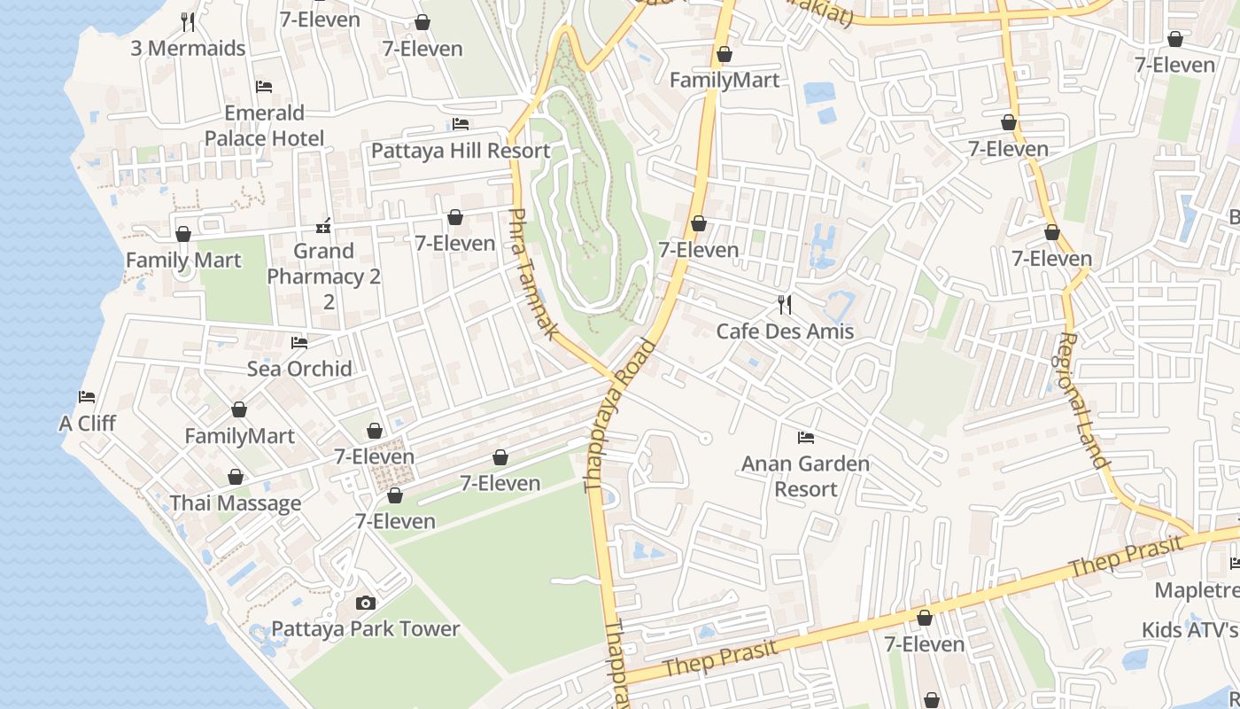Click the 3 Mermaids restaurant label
pos(188,48)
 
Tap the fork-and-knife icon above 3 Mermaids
pos(188,21)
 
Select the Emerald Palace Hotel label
pos(264,126)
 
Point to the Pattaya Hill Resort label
pos(461,151)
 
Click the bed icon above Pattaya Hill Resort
pos(461,124)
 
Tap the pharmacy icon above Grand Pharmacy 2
pos(324,226)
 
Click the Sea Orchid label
pos(299,369)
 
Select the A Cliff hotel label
pos(87,423)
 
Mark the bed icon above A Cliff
pos(87,397)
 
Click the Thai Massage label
pos(236,503)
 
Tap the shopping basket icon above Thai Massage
pos(236,478)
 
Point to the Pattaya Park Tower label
pos(365,629)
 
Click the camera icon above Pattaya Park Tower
pos(365,604)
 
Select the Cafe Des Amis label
pos(785,331)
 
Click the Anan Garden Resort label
pos(805,476)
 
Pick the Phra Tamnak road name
pos(533,275)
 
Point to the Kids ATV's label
pos(1190,630)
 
